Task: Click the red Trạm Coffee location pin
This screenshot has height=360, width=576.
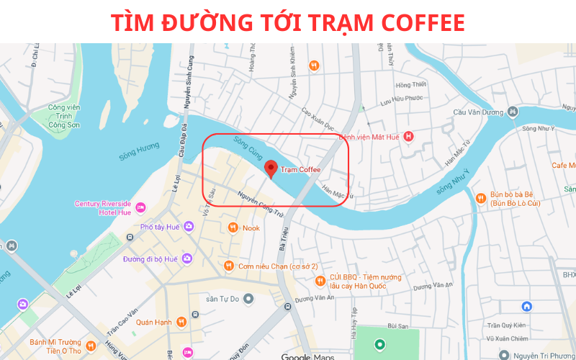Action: click(x=271, y=168)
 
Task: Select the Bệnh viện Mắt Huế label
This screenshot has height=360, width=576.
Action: click(x=369, y=136)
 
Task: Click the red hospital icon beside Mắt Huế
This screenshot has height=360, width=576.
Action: click(x=409, y=136)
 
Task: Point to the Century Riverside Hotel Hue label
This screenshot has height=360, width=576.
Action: click(x=103, y=208)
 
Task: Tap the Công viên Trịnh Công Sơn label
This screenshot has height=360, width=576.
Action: click(x=63, y=116)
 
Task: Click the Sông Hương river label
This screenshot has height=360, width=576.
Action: click(x=139, y=150)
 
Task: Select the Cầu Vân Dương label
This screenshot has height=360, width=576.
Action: click(x=477, y=112)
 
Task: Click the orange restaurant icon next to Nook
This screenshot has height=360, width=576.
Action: click(x=233, y=228)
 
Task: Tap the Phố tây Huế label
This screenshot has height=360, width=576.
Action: click(x=160, y=227)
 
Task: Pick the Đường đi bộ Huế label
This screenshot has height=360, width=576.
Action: click(x=150, y=258)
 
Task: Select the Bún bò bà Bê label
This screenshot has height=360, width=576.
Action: click(x=515, y=199)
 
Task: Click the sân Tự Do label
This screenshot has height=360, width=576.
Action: click(x=222, y=298)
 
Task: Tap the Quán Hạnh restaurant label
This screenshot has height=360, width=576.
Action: click(x=153, y=322)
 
